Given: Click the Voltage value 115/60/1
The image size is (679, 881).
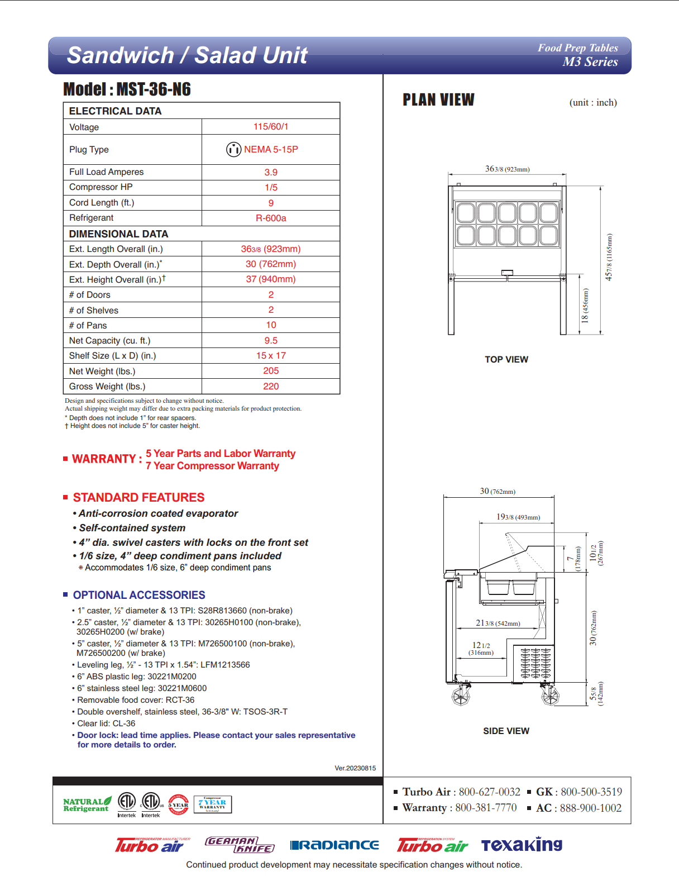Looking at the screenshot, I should [x=271, y=127].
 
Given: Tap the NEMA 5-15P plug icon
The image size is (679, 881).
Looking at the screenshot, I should [x=233, y=150].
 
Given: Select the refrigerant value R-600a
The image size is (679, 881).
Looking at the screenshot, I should [x=271, y=218].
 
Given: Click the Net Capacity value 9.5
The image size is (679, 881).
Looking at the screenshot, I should [x=271, y=341].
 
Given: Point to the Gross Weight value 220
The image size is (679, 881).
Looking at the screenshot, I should [x=271, y=387].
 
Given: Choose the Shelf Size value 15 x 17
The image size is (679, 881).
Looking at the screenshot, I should [x=271, y=356].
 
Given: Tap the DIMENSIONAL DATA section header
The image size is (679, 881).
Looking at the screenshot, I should [x=118, y=234].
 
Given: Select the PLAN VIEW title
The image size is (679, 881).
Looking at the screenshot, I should [x=438, y=100].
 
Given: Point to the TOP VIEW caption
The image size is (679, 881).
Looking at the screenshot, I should [x=506, y=360].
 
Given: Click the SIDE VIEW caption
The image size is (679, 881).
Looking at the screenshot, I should [x=506, y=731].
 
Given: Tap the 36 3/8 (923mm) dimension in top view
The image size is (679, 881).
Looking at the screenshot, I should [x=507, y=169].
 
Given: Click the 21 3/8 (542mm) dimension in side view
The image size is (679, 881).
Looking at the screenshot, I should [x=498, y=623].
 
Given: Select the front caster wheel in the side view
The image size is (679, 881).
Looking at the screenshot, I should [x=461, y=696].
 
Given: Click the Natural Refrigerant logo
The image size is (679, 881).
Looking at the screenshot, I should [x=87, y=804].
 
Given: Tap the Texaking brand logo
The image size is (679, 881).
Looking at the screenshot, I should [x=522, y=845].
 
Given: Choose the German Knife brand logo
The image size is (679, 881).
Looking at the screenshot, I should [x=240, y=845].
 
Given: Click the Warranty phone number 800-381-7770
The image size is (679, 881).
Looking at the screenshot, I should [x=486, y=808].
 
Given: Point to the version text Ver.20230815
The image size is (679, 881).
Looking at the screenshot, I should [x=355, y=768].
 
